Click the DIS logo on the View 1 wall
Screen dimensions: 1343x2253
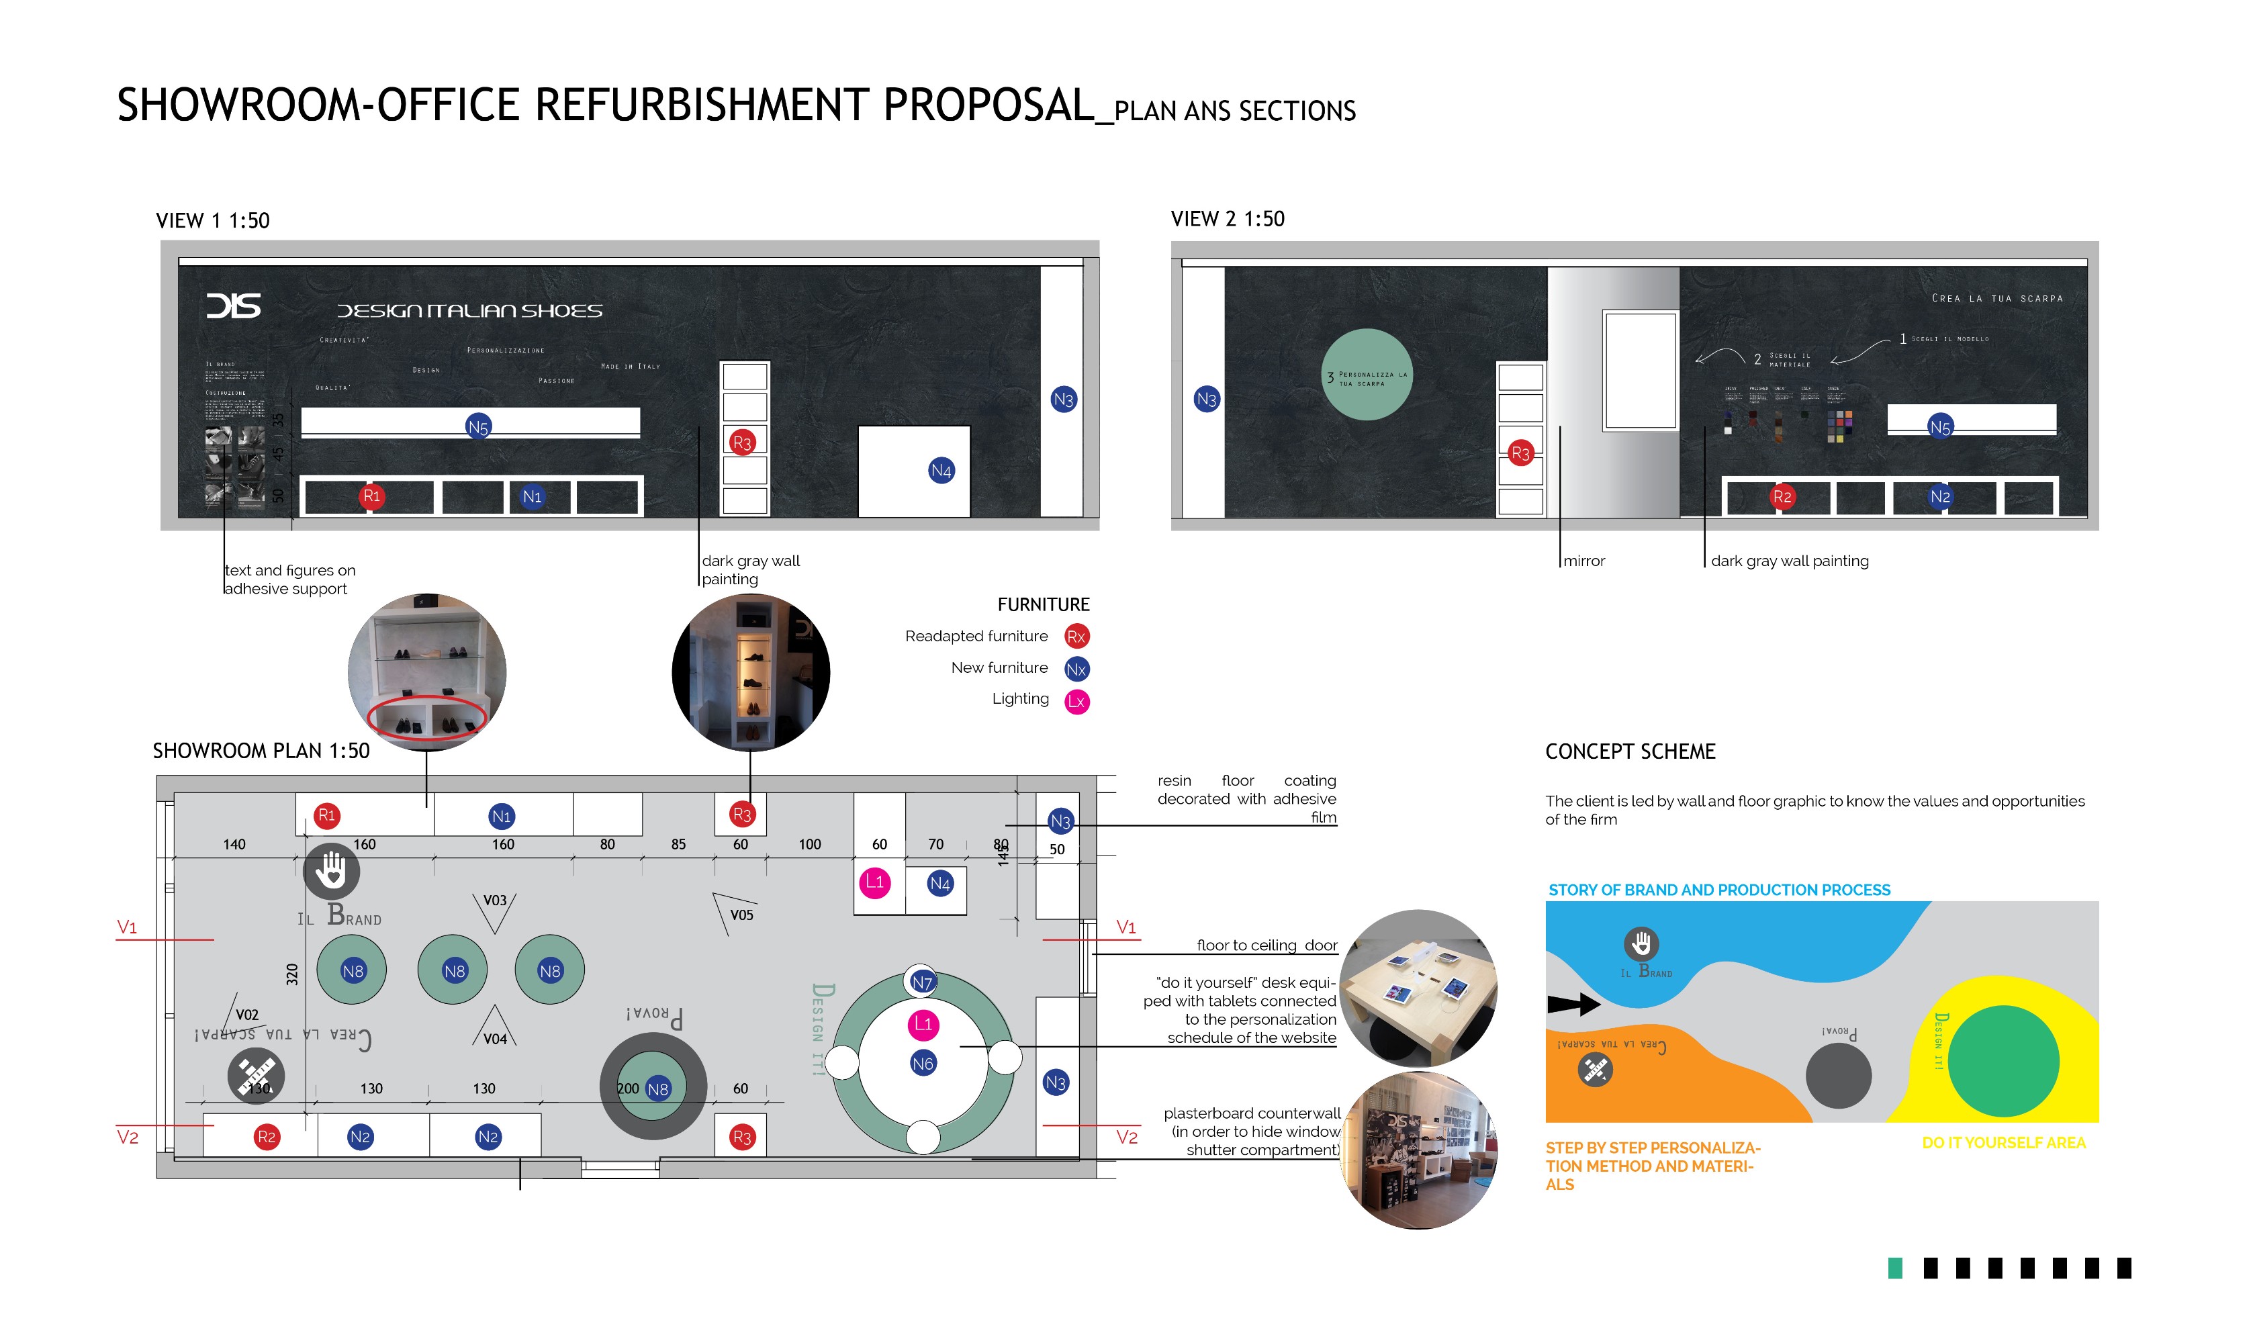coord(234,306)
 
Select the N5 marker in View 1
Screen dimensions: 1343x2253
coord(477,427)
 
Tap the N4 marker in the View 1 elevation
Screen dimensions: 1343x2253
coord(941,471)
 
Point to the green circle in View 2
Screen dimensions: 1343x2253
coord(1367,375)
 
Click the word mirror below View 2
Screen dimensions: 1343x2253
coord(1583,561)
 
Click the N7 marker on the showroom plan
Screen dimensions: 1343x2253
coord(922,982)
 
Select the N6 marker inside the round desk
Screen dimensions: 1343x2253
coord(922,1064)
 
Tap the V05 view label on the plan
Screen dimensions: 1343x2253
coord(741,915)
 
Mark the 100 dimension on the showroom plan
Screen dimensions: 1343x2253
coord(809,844)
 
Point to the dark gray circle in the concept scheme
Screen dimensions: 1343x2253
coord(1838,1075)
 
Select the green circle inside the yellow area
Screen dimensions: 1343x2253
coord(2003,1061)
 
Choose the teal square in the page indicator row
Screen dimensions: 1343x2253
coord(1894,1268)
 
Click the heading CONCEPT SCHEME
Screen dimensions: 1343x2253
coord(1630,752)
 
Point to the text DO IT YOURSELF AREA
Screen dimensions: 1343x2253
coord(2003,1143)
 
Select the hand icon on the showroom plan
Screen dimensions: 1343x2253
coord(331,870)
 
